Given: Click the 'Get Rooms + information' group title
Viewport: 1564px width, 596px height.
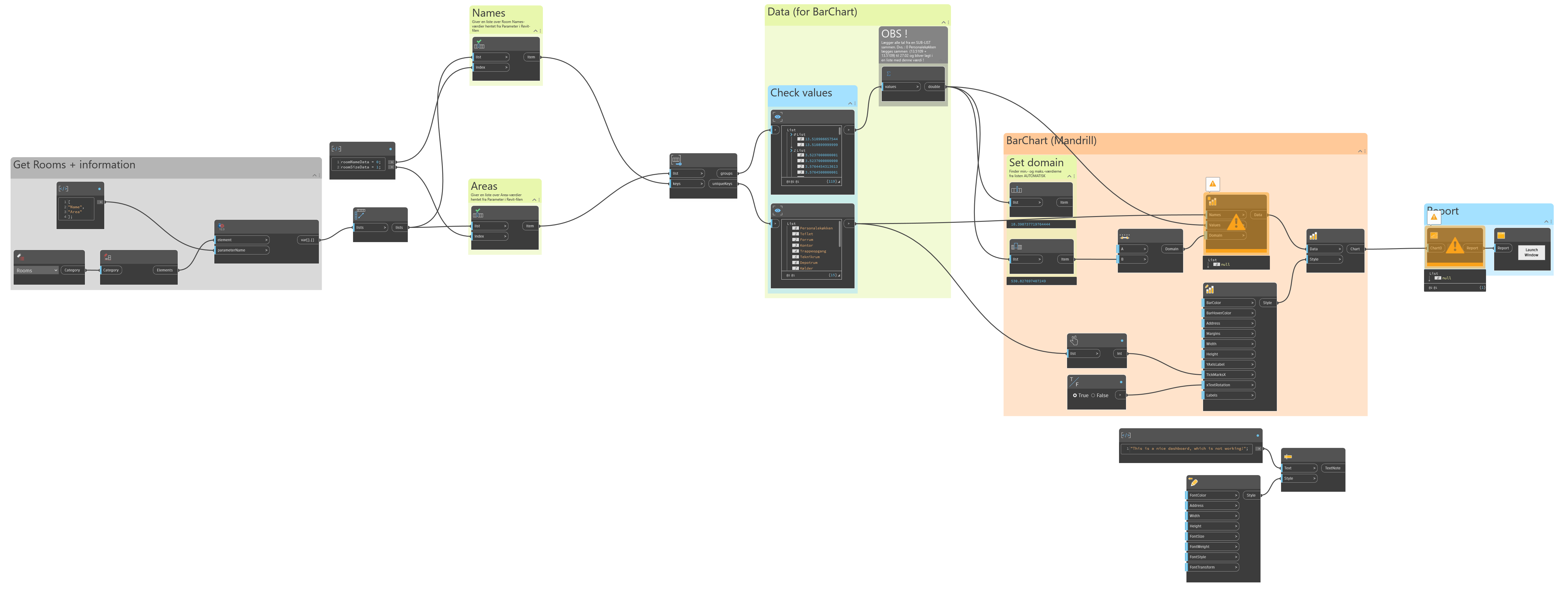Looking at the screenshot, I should coord(74,164).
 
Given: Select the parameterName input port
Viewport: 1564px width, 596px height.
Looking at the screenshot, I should coord(242,250).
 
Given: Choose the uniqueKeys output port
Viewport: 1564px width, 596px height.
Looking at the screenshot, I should coord(722,183).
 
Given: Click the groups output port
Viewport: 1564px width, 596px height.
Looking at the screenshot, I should coord(726,173).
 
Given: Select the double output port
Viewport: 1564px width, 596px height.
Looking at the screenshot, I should coord(934,87).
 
